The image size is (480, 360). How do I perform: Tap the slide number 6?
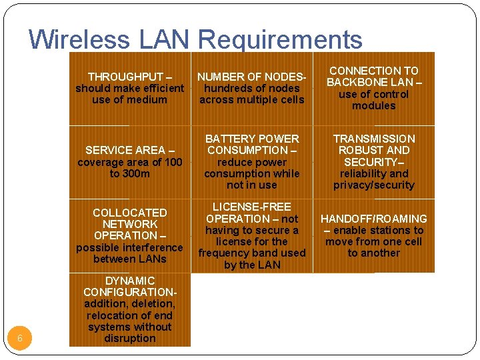point(20,339)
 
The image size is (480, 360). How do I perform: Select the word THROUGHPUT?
point(122,77)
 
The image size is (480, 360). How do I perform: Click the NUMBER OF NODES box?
point(251,88)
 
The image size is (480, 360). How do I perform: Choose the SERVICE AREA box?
point(129,162)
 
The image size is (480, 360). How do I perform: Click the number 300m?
point(136,173)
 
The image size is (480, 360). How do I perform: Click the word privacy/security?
point(373,185)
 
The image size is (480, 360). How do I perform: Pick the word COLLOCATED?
point(129,213)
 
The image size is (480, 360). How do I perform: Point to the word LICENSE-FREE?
point(251,207)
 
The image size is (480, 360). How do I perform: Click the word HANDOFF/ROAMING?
point(373,219)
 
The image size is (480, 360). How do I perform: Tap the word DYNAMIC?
point(129,281)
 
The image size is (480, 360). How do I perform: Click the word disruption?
point(129,338)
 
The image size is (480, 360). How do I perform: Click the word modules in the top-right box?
point(373,105)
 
